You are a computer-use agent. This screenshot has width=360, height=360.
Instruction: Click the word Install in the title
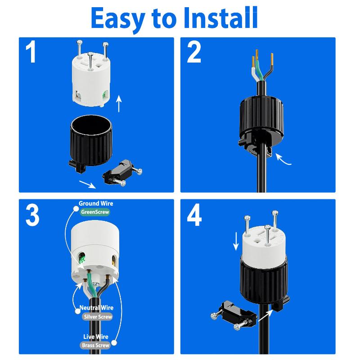coord(220,18)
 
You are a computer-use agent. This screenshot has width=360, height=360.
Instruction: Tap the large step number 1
coord(31,51)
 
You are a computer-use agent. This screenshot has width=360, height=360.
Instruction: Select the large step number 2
coord(194,52)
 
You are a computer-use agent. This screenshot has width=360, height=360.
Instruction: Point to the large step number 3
coord(32,215)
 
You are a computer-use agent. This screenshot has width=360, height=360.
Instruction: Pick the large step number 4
coord(194,215)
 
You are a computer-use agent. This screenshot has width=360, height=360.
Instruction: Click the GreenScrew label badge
coord(95,212)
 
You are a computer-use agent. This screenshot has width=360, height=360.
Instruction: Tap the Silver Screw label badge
coord(98,317)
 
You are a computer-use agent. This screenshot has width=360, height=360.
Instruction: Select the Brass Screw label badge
coord(95,345)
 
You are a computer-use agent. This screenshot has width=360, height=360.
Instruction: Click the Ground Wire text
coord(96,203)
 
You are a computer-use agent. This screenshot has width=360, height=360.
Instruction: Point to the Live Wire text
coord(96,337)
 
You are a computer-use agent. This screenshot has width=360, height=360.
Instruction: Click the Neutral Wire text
coord(96,308)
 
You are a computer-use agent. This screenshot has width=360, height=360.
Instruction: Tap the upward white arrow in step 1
coord(119,103)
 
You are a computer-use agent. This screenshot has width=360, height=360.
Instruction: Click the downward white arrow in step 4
coord(236,241)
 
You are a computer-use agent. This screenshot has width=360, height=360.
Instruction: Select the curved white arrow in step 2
coord(282,160)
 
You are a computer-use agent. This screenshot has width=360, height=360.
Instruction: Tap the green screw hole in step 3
coord(82,258)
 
